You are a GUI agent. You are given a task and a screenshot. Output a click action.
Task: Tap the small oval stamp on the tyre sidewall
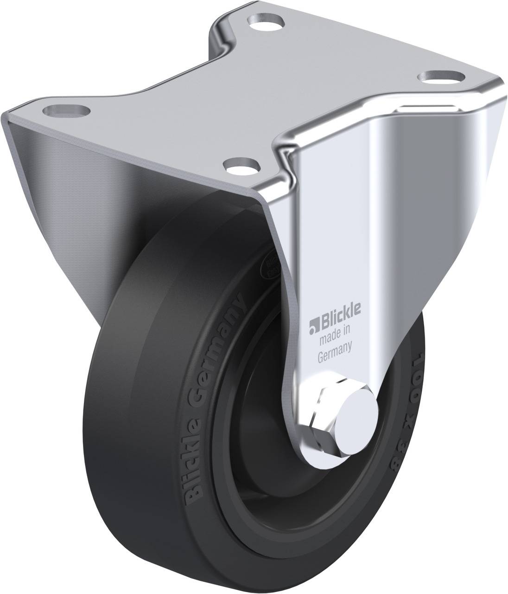coord(271,268)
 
